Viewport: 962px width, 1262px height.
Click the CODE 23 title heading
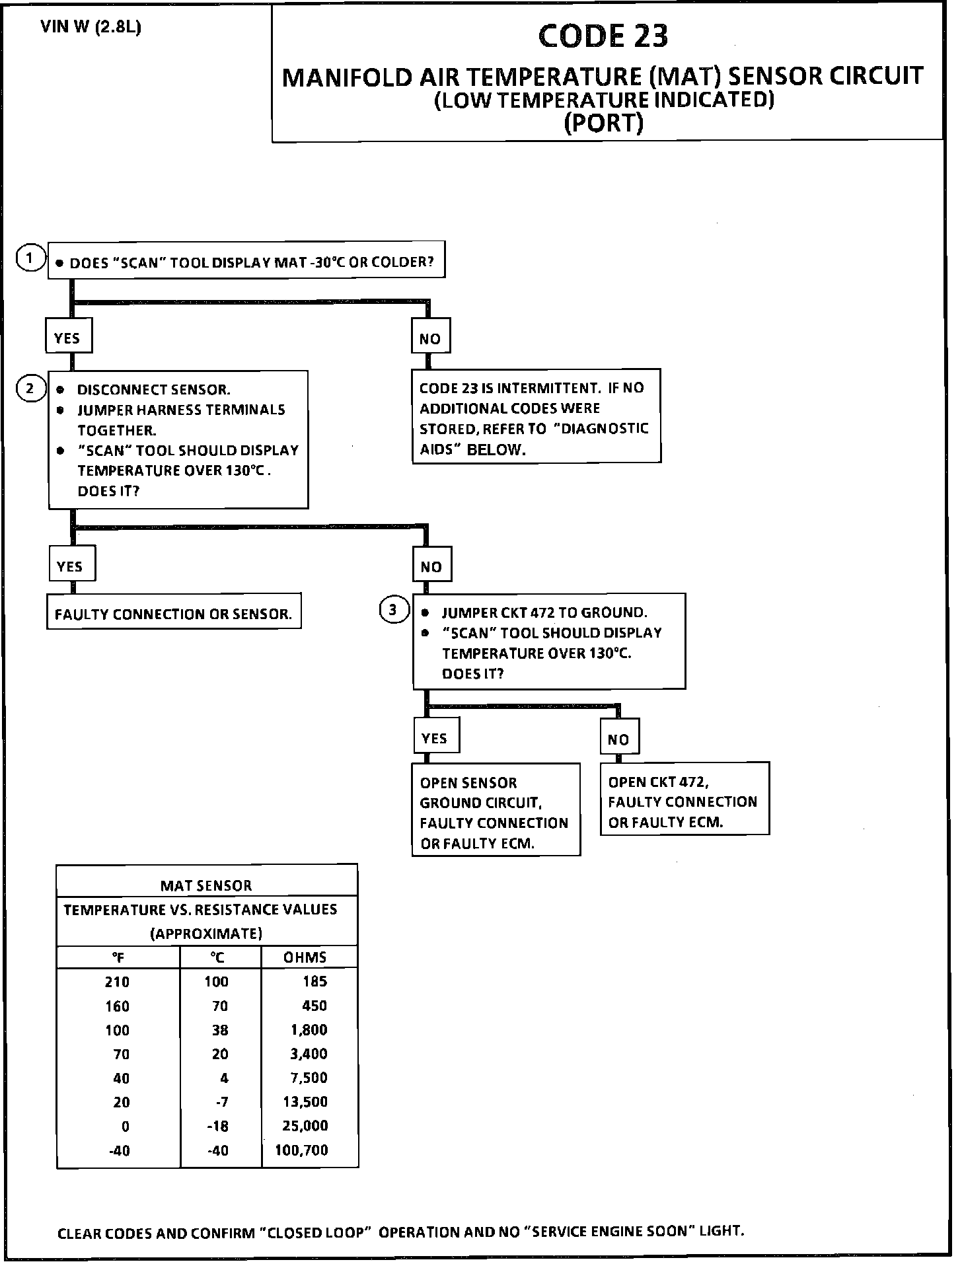[603, 36]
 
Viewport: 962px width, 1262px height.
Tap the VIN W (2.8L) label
[91, 28]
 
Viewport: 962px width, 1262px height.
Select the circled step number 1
[30, 258]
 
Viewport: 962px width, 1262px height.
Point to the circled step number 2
[30, 388]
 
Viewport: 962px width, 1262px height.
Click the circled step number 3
[393, 609]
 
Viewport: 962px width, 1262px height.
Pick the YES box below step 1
[67, 338]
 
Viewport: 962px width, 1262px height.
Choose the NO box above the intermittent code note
[429, 338]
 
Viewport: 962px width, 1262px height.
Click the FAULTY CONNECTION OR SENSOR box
[173, 614]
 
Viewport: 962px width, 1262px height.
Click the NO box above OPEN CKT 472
[619, 739]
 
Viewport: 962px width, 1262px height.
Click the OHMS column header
[305, 957]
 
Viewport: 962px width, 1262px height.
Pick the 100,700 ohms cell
[302, 1150]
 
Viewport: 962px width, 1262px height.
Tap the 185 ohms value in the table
[314, 981]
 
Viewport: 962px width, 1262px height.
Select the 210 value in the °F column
[117, 982]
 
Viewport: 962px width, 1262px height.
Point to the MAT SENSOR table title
[206, 885]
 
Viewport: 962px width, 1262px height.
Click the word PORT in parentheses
[603, 124]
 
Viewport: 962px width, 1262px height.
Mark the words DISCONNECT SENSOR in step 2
[154, 390]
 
